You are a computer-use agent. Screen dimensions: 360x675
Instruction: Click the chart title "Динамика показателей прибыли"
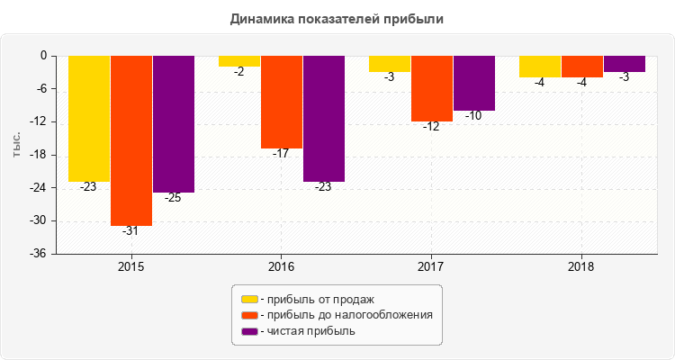pyautogui.click(x=337, y=18)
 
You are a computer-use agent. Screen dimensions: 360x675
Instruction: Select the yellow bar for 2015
pyautogui.click(x=89, y=118)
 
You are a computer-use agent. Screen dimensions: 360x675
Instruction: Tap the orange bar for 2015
pyautogui.click(x=131, y=139)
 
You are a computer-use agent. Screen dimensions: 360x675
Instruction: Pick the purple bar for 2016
pyautogui.click(x=324, y=118)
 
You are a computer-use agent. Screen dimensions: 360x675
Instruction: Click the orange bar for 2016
pyautogui.click(x=282, y=102)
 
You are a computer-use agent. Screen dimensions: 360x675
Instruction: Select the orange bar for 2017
pyautogui.click(x=432, y=88)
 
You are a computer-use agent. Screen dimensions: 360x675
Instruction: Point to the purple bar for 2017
pyautogui.click(x=474, y=83)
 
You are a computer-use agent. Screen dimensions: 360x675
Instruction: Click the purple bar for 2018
pyautogui.click(x=625, y=64)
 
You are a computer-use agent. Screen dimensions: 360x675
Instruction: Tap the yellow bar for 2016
pyautogui.click(x=239, y=61)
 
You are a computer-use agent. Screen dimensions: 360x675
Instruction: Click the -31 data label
pyautogui.click(x=130, y=231)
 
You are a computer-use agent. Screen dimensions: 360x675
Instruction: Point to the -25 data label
pyautogui.click(x=173, y=198)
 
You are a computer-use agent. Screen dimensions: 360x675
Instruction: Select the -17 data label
pyautogui.click(x=281, y=154)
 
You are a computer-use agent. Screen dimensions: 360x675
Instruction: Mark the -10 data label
pyautogui.click(x=473, y=116)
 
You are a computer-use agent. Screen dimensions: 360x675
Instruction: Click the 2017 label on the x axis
pyautogui.click(x=431, y=267)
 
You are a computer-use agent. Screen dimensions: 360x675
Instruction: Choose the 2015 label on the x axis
pyautogui.click(x=131, y=267)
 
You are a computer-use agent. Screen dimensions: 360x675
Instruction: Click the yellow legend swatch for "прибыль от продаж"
pyautogui.click(x=249, y=299)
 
